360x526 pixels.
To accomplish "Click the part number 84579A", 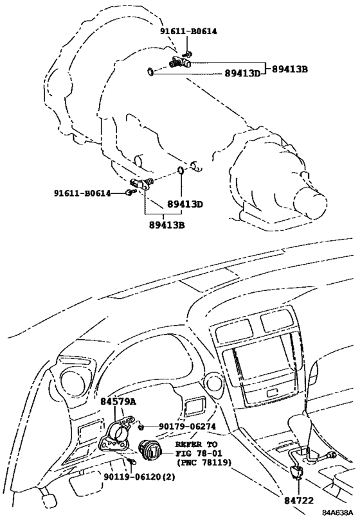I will tap(118, 401).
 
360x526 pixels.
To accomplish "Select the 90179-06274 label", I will tap(181, 426).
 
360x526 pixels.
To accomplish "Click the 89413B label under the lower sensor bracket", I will tap(167, 225).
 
